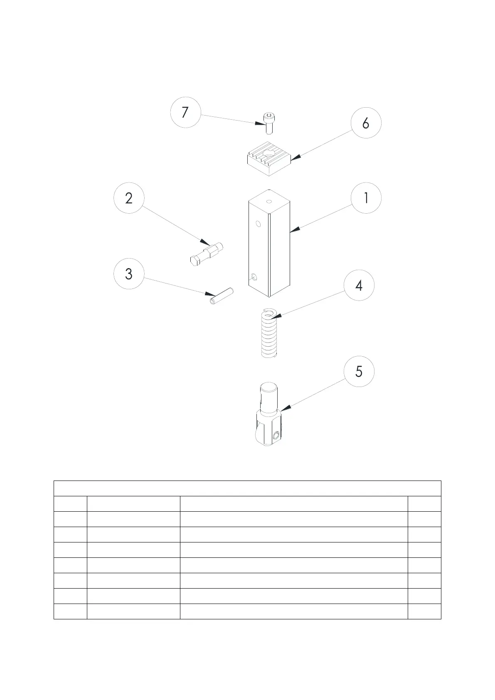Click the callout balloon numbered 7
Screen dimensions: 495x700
[185, 112]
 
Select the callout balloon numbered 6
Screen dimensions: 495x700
[366, 123]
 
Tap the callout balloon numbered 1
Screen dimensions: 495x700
[366, 198]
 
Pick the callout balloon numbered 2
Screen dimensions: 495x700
[129, 198]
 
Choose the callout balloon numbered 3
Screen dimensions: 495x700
[129, 274]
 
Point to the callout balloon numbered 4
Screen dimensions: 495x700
[359, 285]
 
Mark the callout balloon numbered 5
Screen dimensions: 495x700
[359, 371]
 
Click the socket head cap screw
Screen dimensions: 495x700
[268, 123]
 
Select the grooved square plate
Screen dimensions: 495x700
[269, 158]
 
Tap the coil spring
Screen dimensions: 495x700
[269, 333]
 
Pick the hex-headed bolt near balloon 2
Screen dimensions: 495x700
[207, 254]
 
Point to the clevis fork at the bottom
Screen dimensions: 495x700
[268, 414]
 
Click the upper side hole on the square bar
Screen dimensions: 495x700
[258, 224]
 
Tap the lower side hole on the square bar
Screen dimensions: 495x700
[254, 277]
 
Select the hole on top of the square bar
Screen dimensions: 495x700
[269, 202]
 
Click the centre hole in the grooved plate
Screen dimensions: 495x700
[269, 153]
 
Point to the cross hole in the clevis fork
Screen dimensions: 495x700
[276, 435]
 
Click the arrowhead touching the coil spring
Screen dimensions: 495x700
[276, 316]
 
